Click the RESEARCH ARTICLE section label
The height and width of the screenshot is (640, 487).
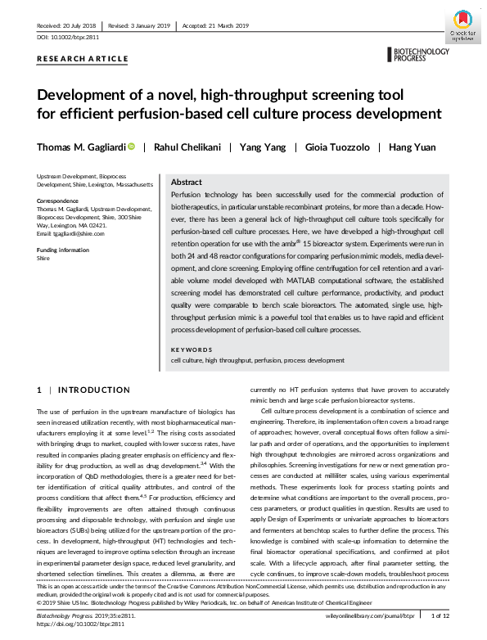(83, 59)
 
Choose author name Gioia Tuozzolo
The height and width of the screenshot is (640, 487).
(336, 147)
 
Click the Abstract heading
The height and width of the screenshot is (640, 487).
(187, 183)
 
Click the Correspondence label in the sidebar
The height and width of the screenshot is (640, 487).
(60, 201)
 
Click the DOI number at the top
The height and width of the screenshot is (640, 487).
(74, 38)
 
